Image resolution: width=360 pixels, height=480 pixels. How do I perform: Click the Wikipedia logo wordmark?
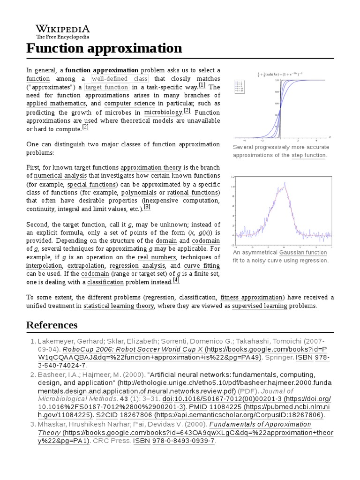[x=63, y=29]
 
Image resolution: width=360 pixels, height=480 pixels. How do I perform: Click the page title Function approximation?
[x=104, y=48]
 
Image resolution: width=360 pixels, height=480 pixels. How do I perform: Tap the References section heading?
[x=52, y=325]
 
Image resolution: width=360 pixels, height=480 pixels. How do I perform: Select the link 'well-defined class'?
[x=120, y=78]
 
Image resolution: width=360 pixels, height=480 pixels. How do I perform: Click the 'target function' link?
[x=106, y=87]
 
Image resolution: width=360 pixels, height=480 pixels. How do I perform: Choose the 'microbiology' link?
[x=163, y=112]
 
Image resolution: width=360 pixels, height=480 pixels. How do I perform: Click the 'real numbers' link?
[x=156, y=257]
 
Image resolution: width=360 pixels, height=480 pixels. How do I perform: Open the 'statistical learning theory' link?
[x=119, y=306]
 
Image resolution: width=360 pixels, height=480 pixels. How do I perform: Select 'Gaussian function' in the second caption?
[x=303, y=252]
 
